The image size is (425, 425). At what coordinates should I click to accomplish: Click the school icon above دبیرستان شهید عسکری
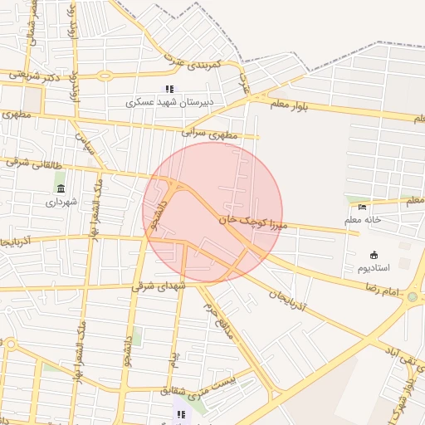(169, 89)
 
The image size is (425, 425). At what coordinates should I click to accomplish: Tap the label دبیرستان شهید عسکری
(170, 102)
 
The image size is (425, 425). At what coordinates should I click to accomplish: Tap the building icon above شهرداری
(61, 188)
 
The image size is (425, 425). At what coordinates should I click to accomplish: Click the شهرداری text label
(61, 202)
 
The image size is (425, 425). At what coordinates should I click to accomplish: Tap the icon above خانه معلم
(361, 207)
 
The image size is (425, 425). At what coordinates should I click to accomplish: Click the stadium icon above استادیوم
(372, 255)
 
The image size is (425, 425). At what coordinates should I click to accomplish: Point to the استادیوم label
(371, 268)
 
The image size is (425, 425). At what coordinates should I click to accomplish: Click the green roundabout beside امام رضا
(413, 297)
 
